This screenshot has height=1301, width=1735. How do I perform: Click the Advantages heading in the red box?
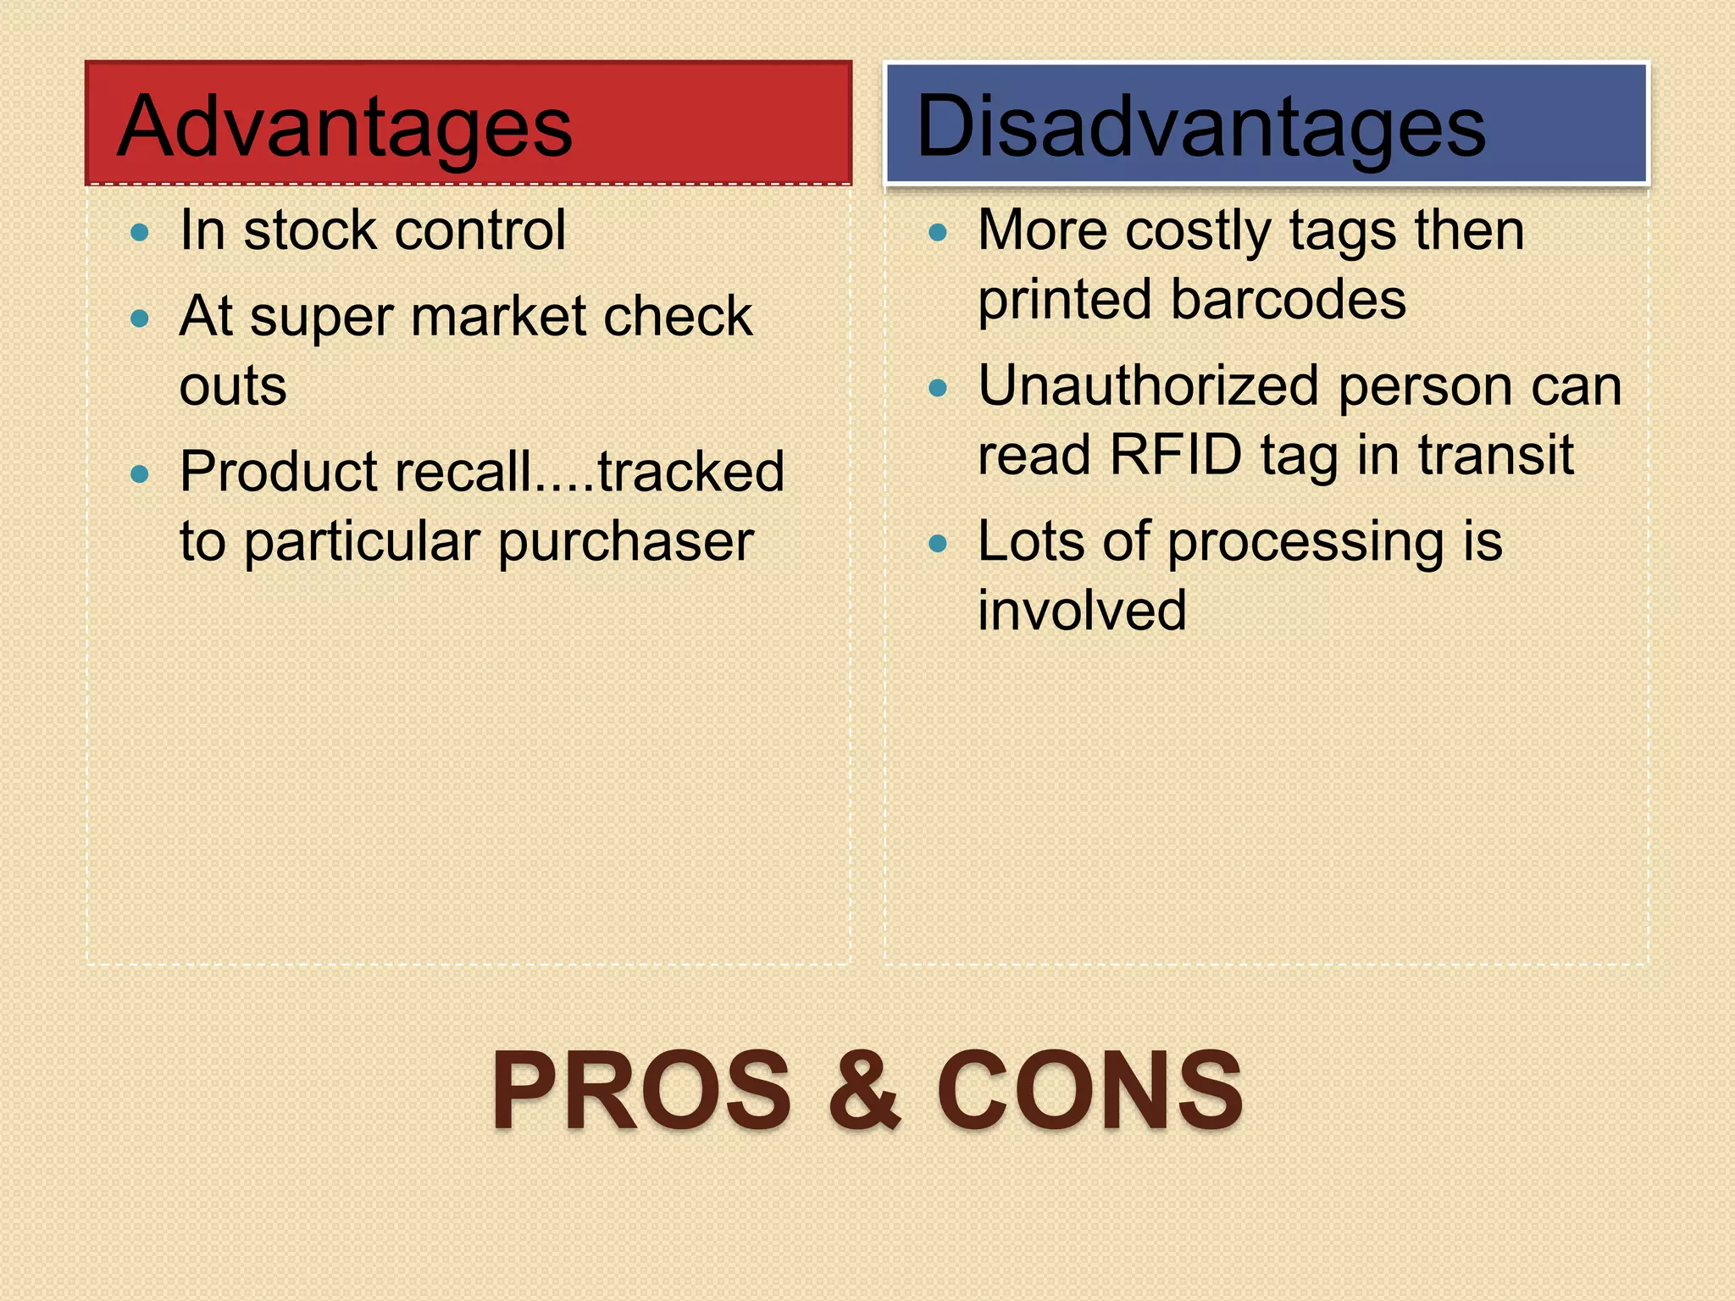click(x=345, y=127)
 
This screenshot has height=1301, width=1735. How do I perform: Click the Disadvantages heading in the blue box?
click(x=1200, y=127)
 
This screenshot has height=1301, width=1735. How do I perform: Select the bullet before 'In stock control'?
click(x=141, y=232)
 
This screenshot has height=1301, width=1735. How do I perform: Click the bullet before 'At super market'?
click(x=141, y=318)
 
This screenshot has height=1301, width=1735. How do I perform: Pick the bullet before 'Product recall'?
click(x=141, y=473)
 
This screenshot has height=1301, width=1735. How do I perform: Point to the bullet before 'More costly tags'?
click(x=938, y=232)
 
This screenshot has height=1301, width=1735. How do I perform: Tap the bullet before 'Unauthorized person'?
click(x=938, y=388)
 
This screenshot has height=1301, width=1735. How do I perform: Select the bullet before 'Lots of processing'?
click(x=938, y=543)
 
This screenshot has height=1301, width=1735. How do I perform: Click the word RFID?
click(x=1176, y=455)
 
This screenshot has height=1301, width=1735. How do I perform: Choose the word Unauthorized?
click(x=1149, y=386)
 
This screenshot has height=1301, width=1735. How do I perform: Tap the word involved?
click(x=1082, y=610)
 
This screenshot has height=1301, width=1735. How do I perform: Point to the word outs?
click(x=233, y=387)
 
